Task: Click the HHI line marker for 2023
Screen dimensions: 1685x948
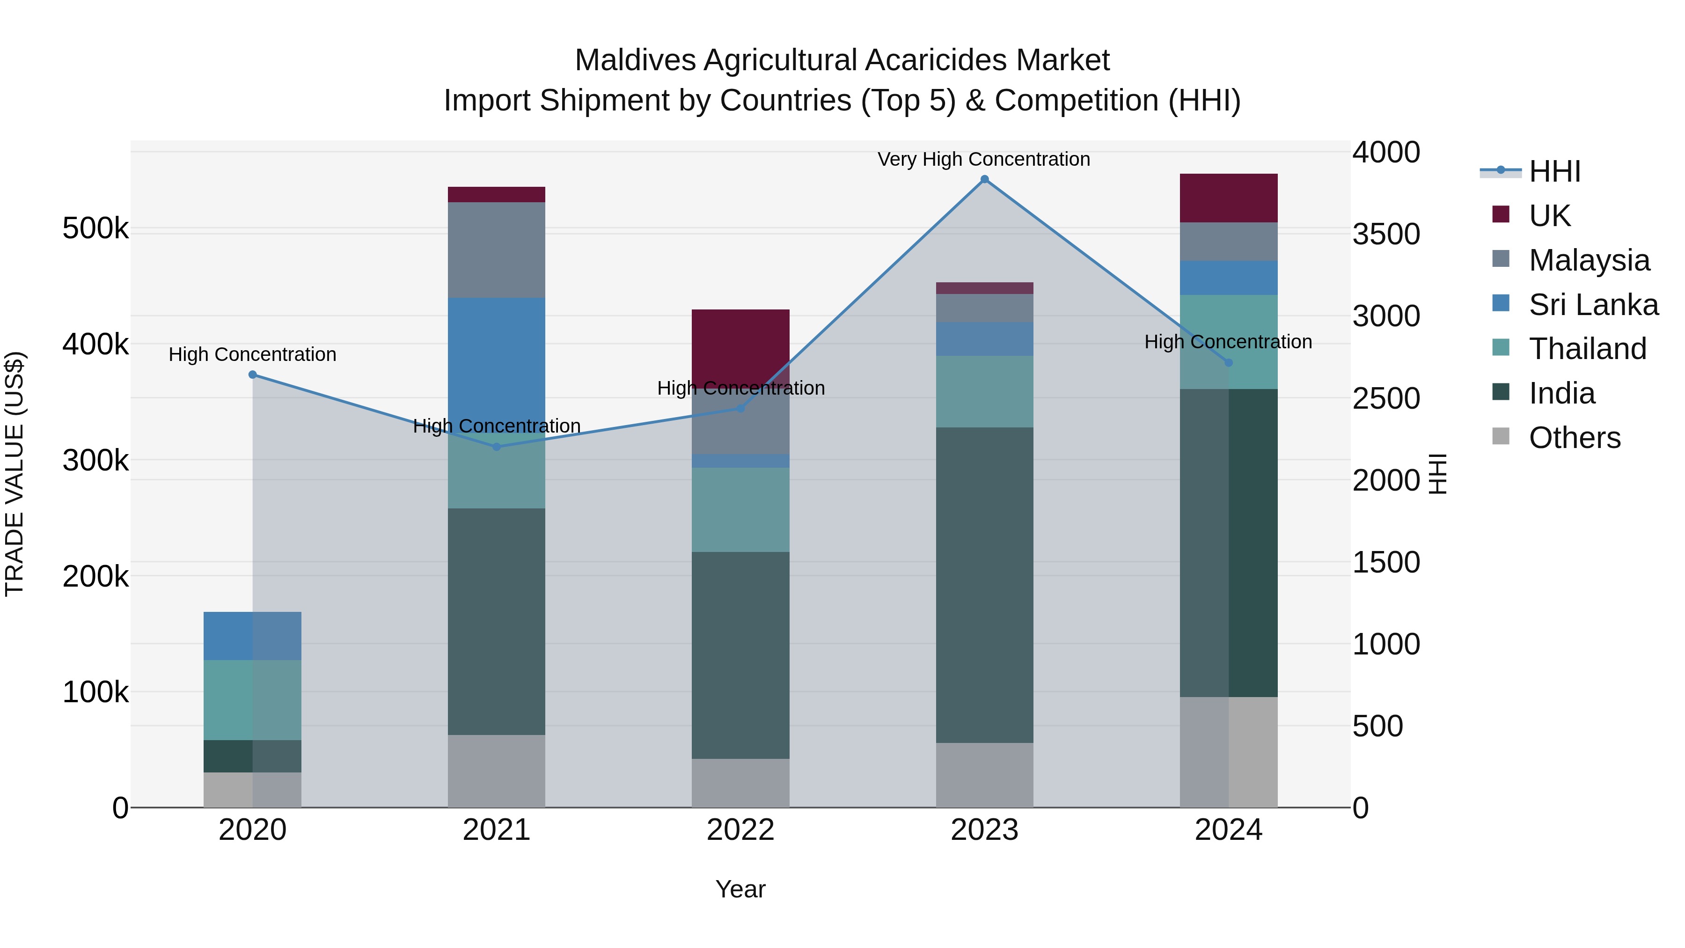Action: tap(984, 179)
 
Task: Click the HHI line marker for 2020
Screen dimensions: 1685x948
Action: tap(252, 375)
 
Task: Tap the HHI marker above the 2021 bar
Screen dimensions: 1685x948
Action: tap(497, 447)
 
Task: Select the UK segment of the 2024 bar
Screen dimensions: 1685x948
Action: tap(1229, 198)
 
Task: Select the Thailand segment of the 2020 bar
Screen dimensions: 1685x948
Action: tap(252, 699)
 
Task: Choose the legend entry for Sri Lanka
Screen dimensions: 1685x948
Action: tap(1592, 304)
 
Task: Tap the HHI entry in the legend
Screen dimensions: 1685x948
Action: tap(1553, 171)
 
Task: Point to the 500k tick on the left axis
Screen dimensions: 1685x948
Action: tap(95, 229)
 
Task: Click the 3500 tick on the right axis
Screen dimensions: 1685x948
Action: tap(1386, 234)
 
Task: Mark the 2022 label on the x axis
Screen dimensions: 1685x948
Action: tap(740, 830)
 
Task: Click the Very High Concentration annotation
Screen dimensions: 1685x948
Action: tap(984, 159)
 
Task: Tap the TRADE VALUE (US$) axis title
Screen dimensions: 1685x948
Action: tap(15, 474)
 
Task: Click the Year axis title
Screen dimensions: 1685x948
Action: tap(740, 889)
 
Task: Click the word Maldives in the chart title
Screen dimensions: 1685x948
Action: tap(635, 60)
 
